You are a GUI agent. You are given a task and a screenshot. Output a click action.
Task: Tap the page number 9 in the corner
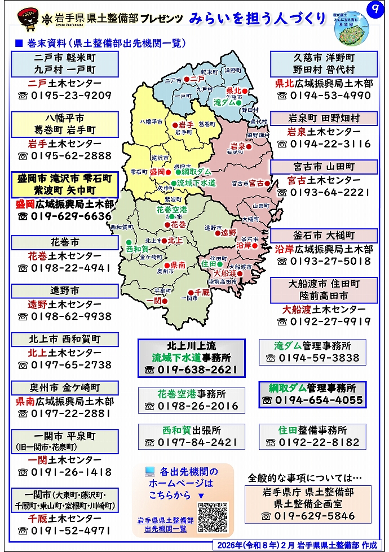pos(373,10)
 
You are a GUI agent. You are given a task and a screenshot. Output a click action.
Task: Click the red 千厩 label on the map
pos(202,292)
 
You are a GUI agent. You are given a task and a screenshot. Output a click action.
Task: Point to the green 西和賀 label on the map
pos(137,249)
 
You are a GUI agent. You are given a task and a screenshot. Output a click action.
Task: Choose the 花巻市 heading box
pos(65,242)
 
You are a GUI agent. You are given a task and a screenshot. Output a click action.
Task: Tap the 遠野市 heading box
pos(65,291)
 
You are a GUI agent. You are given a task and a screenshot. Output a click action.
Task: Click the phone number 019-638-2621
pos(191,370)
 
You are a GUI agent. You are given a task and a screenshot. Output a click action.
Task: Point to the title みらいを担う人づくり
pos(258,18)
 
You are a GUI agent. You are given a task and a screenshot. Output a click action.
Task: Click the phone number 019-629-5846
pos(315,516)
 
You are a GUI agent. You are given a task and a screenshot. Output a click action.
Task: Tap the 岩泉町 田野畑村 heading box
pos(324,119)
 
